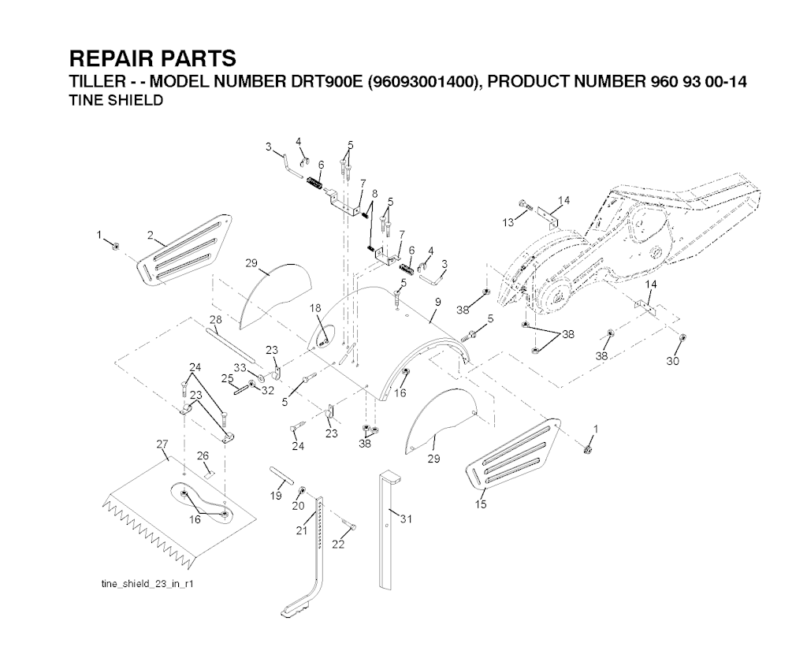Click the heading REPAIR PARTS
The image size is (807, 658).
[152, 59]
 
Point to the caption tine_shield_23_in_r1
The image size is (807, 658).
[148, 584]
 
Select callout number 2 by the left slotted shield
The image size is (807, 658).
[149, 235]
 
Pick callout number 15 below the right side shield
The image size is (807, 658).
[481, 504]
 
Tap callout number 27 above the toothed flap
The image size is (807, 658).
[162, 444]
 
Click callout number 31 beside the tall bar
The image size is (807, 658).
[406, 519]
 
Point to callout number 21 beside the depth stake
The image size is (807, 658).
[300, 531]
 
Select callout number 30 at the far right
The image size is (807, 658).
[672, 362]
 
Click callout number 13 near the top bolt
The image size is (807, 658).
[508, 223]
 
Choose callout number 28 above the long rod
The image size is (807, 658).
[215, 319]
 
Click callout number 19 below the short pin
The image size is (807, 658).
[276, 496]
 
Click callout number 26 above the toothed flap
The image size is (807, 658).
[203, 455]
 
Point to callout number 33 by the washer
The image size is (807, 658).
[240, 368]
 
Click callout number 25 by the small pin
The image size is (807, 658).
[227, 379]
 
